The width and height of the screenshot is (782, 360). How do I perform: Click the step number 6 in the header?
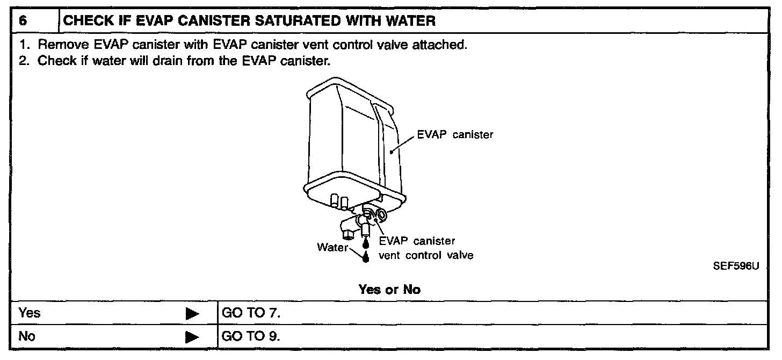[22, 21]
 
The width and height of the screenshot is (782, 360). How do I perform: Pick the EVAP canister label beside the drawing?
[455, 135]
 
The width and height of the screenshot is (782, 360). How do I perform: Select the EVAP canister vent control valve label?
[426, 248]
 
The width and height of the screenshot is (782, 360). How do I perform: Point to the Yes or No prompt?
[389, 290]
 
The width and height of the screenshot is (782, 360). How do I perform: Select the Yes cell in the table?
[30, 313]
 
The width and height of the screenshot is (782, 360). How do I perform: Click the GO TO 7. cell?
[251, 313]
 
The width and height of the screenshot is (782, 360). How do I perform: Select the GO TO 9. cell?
[251, 337]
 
